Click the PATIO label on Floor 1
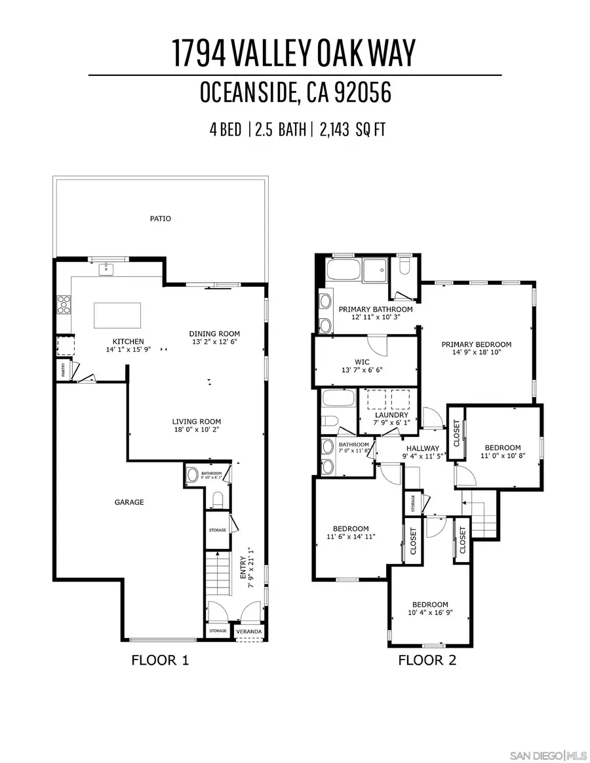click(160, 218)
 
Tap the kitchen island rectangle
click(117, 315)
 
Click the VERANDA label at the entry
click(249, 631)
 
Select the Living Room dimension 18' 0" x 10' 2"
click(196, 431)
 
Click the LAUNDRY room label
click(391, 415)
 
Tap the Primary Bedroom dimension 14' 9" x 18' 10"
click(476, 354)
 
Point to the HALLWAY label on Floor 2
click(423, 448)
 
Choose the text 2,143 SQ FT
click(352, 130)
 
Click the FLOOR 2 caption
click(427, 660)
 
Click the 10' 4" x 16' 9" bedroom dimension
click(430, 614)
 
